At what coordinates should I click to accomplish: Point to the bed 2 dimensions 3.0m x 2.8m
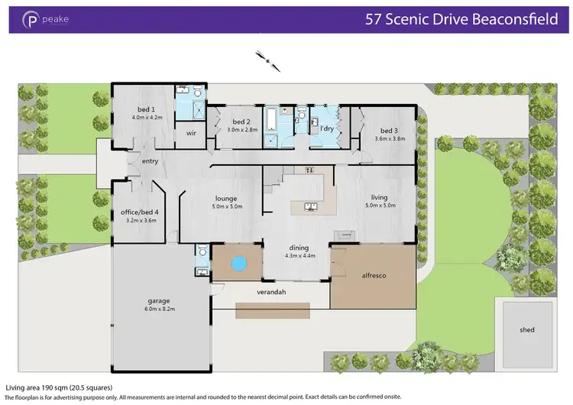[x=242, y=130]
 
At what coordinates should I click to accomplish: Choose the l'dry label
[x=329, y=128]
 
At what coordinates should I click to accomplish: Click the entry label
[x=150, y=160]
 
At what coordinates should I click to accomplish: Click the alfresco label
[x=372, y=275]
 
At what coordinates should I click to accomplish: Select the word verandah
[x=270, y=291]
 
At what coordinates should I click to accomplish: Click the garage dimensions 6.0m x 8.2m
[x=160, y=309]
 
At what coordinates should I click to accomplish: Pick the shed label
[x=527, y=329]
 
